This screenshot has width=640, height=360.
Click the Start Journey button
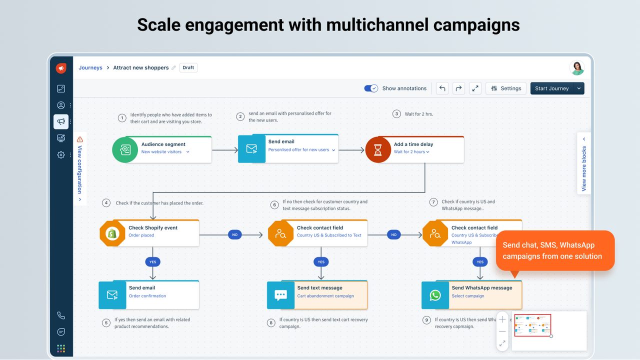pos(551,88)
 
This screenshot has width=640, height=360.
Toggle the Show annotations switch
pos(371,88)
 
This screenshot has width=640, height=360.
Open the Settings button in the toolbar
pos(506,88)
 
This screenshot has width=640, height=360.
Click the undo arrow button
pos(442,88)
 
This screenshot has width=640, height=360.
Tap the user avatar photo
pos(577,68)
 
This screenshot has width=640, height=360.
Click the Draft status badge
pos(188,67)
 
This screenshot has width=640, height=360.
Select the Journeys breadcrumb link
pos(90,67)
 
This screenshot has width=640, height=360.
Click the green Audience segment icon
pos(124,149)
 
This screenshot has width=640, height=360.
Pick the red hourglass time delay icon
pos(378,149)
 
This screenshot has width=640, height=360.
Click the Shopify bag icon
pos(112,233)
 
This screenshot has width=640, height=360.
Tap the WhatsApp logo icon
pos(435,295)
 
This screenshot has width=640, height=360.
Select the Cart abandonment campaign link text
pos(325,296)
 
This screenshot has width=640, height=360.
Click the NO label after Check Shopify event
pos(234,234)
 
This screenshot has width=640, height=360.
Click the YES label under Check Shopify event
pos(152,261)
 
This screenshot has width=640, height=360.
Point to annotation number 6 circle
pos(274,205)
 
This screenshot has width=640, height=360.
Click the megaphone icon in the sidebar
pos(61,121)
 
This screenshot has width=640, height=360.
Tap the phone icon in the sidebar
pos(61,315)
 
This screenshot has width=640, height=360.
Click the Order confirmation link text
pos(147,296)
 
